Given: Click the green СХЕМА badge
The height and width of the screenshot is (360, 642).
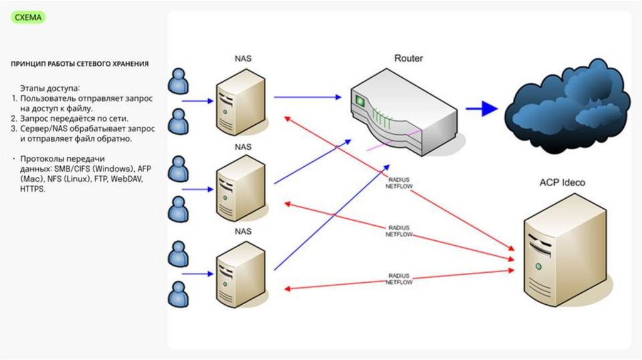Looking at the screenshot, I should [x=29, y=18].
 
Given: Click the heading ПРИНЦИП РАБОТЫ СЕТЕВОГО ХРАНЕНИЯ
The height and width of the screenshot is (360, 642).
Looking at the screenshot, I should [x=80, y=64].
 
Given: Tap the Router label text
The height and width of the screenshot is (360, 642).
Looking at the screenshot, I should [x=408, y=58].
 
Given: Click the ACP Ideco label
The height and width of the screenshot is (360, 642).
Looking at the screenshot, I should [x=562, y=183].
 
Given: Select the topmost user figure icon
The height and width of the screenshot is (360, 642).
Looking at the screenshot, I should [x=179, y=80].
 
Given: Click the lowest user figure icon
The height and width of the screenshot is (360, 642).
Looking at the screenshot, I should [x=179, y=294].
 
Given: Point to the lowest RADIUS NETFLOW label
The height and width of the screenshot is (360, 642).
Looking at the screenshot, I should [x=399, y=279].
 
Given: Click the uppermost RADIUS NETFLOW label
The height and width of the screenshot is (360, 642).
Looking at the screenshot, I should [x=399, y=181].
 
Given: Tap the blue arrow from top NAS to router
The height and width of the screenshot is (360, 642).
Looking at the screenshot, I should [x=307, y=97].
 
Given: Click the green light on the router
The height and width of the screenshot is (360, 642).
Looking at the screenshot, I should [x=360, y=101].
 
